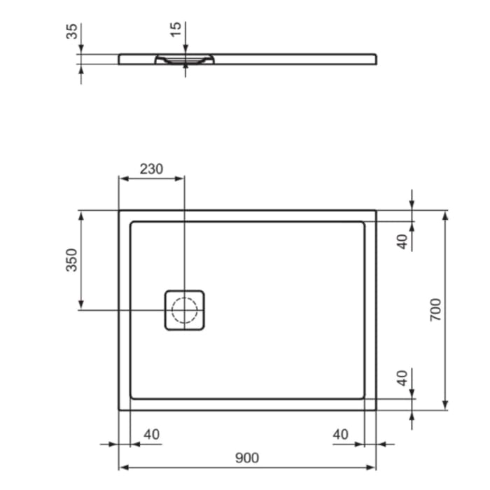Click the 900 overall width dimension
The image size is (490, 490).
[246, 458]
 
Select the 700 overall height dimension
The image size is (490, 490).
[435, 309]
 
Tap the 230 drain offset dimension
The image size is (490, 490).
[151, 169]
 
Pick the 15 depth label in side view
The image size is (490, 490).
[176, 29]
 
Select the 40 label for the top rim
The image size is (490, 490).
[402, 241]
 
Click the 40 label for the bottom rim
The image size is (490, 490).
[402, 379]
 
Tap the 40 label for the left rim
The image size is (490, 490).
[151, 435]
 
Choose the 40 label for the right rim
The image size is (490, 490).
[340, 435]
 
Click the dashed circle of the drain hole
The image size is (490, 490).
[185, 309]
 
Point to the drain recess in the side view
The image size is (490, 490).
[184, 60]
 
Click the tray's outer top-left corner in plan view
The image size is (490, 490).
[120, 211]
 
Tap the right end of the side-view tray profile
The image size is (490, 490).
[377, 59]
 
